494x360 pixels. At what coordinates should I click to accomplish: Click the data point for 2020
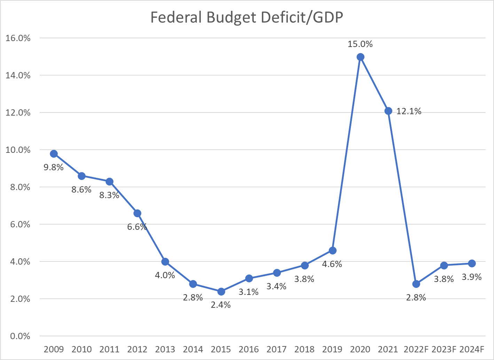point(360,57)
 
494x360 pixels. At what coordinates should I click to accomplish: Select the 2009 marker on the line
point(54,154)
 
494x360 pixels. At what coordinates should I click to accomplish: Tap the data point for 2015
point(221,291)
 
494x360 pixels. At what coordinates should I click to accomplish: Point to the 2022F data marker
point(416,284)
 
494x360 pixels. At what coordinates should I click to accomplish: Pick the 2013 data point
point(165,261)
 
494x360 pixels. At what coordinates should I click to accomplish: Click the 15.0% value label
point(360,44)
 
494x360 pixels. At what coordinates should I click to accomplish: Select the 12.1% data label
point(409,111)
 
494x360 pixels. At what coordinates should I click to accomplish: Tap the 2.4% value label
point(221,305)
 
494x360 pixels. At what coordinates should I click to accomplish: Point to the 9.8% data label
point(53,167)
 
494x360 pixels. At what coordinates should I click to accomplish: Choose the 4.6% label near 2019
point(332,264)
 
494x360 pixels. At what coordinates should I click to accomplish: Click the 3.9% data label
point(471,277)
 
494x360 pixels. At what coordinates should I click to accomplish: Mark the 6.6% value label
point(137,227)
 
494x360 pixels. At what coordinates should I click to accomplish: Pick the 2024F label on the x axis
point(472,349)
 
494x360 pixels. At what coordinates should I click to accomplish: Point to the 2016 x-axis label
point(249,349)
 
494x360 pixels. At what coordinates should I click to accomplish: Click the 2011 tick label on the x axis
point(109,349)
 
